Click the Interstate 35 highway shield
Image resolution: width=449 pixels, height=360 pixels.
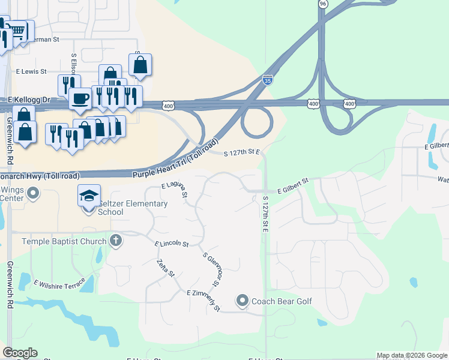point(267,79)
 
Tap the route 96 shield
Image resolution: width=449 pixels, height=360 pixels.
point(323,4)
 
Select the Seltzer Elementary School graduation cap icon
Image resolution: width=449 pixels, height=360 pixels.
point(88,196)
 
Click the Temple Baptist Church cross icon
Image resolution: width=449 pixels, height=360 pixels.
point(116,241)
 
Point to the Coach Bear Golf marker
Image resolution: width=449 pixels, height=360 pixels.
point(243,301)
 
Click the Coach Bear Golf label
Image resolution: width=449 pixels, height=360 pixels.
point(282,301)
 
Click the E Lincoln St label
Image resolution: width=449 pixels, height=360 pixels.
point(172,244)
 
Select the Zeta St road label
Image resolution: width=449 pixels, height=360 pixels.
point(165,268)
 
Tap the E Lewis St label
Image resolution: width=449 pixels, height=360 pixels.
point(32,71)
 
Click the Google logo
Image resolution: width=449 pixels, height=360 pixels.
point(20,353)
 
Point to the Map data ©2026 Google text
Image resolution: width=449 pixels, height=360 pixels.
point(412,355)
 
